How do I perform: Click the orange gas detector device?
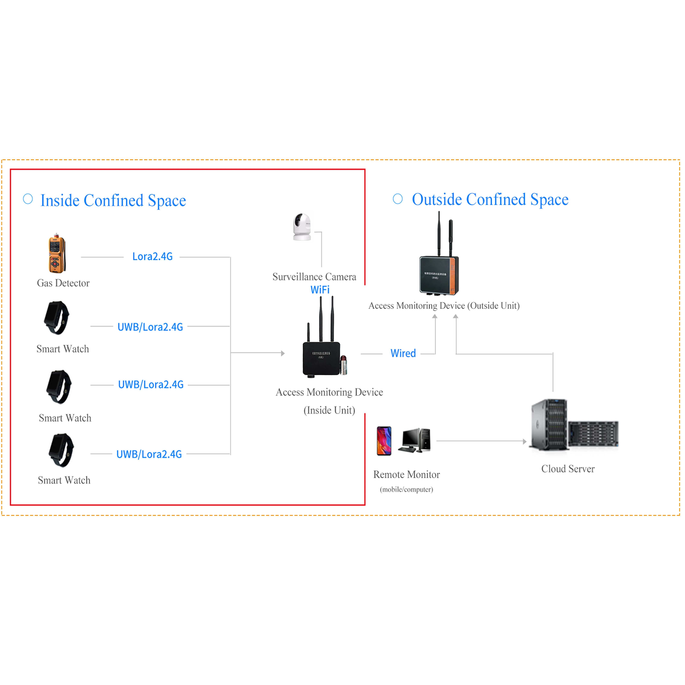point(57,254)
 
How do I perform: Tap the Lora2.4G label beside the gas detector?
point(153,256)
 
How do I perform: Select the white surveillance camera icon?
point(302,227)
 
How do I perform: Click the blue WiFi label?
point(320,290)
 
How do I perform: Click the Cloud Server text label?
point(568,469)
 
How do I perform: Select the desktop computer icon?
point(415,440)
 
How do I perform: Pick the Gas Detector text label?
point(63,283)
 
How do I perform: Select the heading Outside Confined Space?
point(490,199)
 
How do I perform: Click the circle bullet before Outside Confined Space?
point(398,199)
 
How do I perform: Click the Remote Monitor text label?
point(406,474)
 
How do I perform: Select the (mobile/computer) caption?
point(406,489)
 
